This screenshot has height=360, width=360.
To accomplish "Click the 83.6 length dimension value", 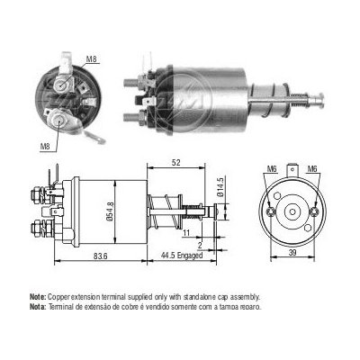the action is coord(101,256).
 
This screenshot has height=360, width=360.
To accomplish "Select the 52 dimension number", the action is coord(176,162).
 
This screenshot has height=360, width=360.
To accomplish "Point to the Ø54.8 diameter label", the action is coord(111,211).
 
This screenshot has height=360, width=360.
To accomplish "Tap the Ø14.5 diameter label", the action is coord(221,187).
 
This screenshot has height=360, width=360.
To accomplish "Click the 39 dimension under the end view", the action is coord(292,253).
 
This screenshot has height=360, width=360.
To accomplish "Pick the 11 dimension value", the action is coord(186,233).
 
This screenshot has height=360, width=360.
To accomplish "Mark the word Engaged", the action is coord(190,256).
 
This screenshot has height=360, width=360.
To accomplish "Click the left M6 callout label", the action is coord(272,169).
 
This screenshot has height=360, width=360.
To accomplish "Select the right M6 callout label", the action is coord(312,169).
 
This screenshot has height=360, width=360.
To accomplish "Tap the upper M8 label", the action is coord(91,59).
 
